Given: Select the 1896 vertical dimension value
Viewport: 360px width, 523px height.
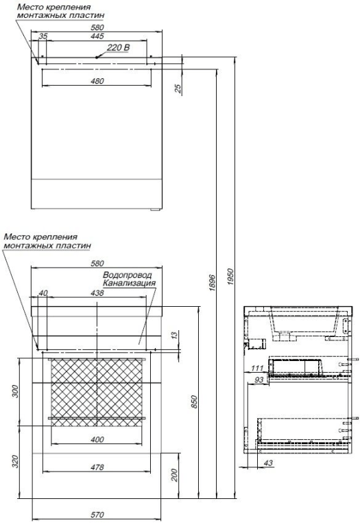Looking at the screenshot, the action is tap(213, 283).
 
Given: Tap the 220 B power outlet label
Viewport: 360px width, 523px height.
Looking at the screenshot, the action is tap(118, 47).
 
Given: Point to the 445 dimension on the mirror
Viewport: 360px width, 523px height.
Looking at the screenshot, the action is tap(97, 36).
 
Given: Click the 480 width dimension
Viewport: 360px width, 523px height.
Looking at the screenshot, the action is tap(97, 81).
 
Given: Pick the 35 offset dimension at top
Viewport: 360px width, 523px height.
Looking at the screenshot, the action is tap(43, 36).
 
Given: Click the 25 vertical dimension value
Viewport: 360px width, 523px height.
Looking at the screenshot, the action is tap(178, 88).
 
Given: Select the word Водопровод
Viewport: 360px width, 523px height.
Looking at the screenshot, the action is tap(128, 275).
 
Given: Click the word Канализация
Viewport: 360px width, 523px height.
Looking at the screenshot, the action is tap(129, 283).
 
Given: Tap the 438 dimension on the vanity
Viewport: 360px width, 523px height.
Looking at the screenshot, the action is tap(97, 293).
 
